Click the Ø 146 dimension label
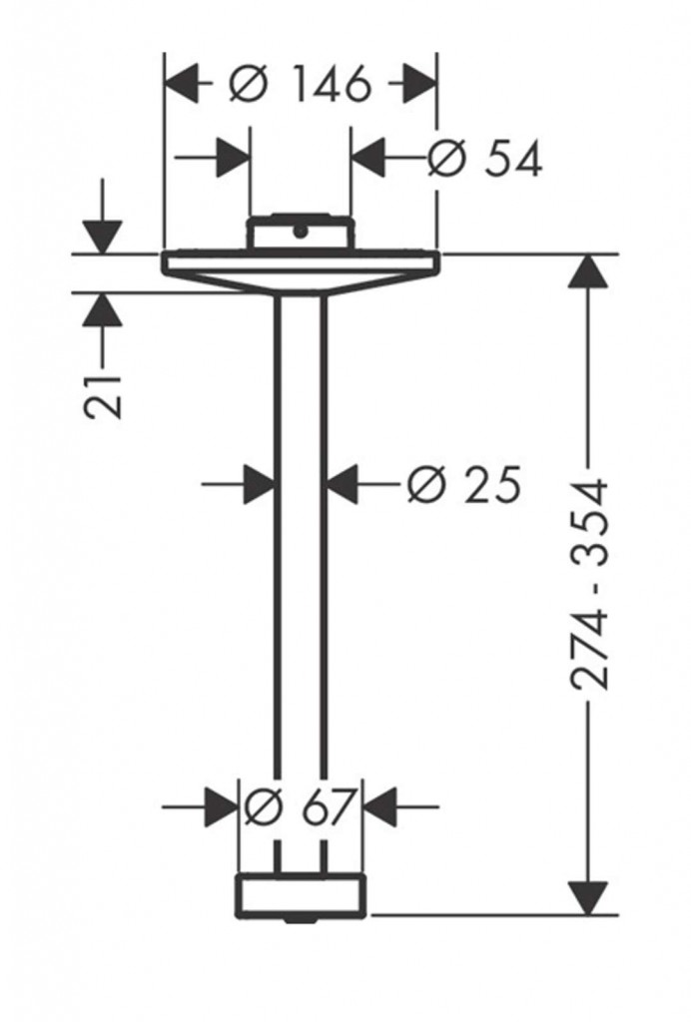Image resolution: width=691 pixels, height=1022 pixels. tap(301, 84)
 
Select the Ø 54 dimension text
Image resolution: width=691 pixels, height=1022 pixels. tap(484, 159)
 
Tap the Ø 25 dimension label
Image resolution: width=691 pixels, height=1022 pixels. tap(464, 484)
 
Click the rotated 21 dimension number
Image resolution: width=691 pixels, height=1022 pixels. tap(103, 396)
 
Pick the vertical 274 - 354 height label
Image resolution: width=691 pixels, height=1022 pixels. tap(589, 585)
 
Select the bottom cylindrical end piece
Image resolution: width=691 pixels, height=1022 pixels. tap(302, 894)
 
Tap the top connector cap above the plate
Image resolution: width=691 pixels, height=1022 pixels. tap(301, 231)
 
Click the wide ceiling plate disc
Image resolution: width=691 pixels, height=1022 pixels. tap(301, 271)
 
